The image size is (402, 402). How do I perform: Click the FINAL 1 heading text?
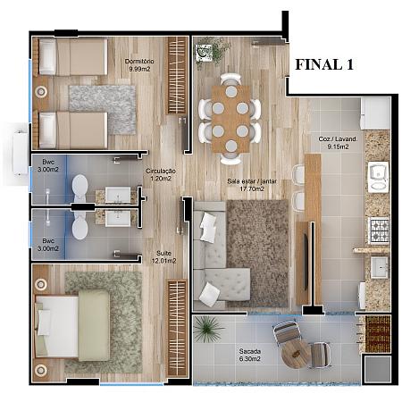pos(324,64)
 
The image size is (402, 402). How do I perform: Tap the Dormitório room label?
pos(139,62)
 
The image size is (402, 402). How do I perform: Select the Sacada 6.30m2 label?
pos(250,355)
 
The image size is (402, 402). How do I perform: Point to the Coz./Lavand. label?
pos(338,138)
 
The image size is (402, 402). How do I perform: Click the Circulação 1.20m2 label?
pos(161,175)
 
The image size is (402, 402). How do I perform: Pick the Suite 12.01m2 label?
pos(163,257)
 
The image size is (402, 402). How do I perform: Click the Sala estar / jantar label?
pos(252,181)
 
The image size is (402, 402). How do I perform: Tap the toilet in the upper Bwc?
pos(80,187)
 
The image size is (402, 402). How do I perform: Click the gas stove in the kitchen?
pos(379,230)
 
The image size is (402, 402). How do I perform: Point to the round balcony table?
pos(296,355)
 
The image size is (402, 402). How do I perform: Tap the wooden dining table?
pos(231,119)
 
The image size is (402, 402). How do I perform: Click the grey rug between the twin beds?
pos(103,109)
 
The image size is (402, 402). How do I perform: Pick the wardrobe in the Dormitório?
pos(177,75)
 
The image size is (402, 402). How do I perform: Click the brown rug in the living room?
pos(257,253)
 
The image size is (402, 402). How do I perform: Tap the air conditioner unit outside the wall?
pos(21,153)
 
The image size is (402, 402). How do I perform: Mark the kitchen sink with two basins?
pos(378,177)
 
